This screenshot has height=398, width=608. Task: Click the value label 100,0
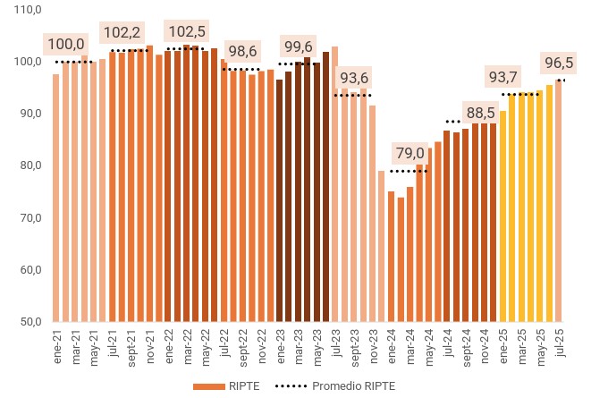point(66,44)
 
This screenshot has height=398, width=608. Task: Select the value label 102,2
point(122,33)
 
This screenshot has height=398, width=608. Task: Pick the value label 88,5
point(481,113)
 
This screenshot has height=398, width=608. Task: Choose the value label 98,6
point(241,51)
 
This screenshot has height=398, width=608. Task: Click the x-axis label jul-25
point(559,342)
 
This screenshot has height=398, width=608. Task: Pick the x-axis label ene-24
point(391,343)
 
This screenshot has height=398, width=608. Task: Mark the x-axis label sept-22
point(242,345)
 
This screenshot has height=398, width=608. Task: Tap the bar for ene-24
point(391,257)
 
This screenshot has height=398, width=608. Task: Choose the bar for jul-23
point(335,184)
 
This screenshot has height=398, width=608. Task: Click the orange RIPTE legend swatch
point(207,386)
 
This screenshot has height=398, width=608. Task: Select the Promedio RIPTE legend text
point(353,386)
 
